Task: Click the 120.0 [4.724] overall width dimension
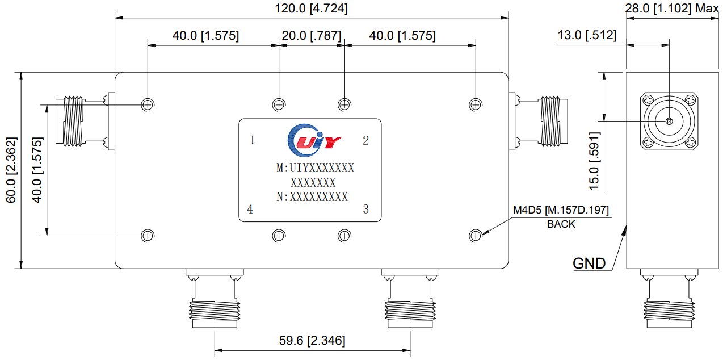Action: coord(311,9)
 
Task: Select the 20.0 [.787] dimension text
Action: coord(312,36)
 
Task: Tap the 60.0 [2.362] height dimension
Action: coord(10,170)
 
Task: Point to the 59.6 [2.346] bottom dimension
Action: coord(312,341)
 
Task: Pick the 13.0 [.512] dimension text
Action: coord(586,36)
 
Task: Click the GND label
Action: coord(589,263)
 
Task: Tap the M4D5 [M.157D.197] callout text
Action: coord(561,210)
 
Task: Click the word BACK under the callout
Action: coord(561,224)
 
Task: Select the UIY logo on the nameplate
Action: coord(314,140)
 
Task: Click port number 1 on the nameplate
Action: coord(252,140)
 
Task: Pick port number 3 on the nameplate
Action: coord(365,210)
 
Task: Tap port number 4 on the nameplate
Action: coord(250,210)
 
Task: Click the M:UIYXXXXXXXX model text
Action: coord(315,168)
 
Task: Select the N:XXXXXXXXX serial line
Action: coord(312,196)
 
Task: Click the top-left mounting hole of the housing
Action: coord(148,104)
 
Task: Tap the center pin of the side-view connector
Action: coord(669,121)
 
